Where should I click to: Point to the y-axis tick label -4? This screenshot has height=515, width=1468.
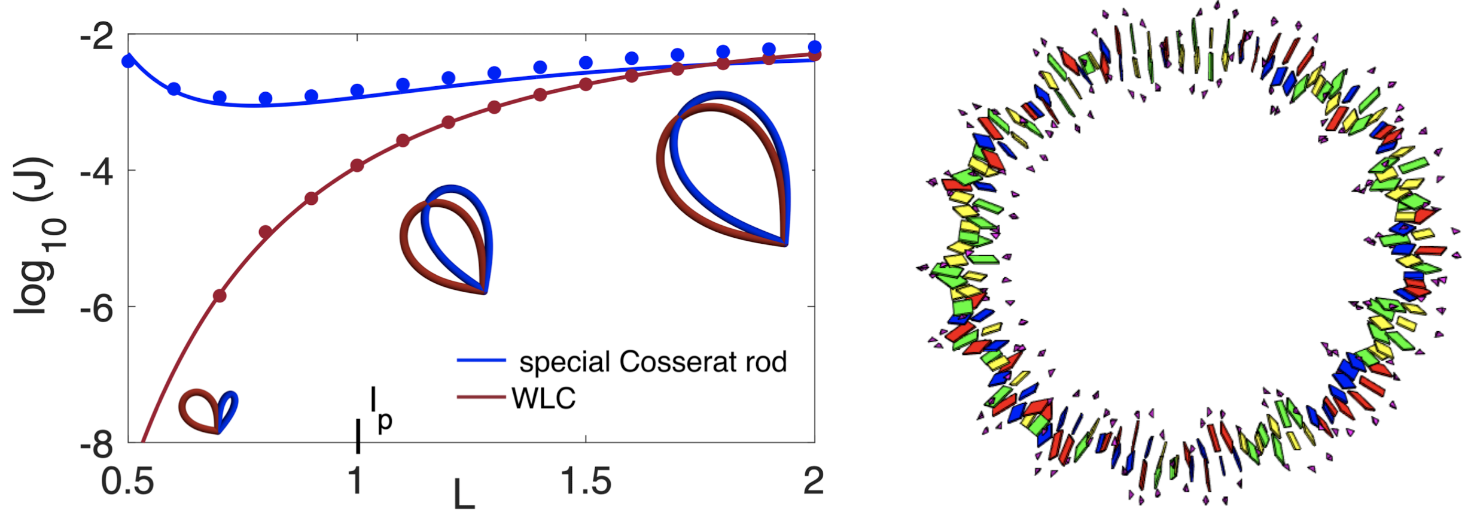pos(97,172)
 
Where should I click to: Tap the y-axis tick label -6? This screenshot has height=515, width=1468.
pos(97,310)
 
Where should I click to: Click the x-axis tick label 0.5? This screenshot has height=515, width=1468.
pos(127,481)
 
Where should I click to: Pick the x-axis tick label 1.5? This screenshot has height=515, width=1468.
pos(586,481)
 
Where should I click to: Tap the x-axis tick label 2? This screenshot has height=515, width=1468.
pos(814,481)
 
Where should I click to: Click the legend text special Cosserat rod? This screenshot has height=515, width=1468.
pos(653,362)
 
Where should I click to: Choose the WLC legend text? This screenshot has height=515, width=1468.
pos(544,398)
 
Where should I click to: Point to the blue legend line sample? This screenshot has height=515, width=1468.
pos(482,360)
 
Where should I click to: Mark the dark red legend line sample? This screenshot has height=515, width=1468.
pos(482,397)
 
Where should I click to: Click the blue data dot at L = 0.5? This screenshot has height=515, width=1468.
pos(128,61)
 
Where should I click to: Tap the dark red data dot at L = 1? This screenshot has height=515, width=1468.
pos(357,165)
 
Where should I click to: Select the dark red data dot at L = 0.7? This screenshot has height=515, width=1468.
pos(220,296)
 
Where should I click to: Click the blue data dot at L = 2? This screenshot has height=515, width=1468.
pos(814,47)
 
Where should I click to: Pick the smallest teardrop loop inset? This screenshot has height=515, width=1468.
pos(209,411)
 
